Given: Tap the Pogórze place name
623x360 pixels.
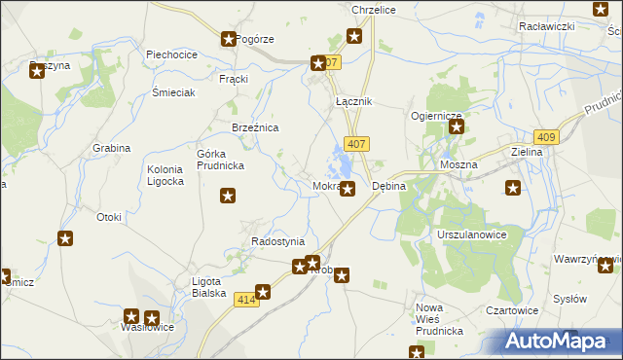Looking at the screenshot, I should click(x=256, y=40).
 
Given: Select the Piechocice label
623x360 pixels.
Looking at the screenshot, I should click(x=172, y=55).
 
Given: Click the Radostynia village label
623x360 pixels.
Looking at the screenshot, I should click(x=277, y=241).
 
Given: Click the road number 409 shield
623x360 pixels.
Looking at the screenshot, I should click(x=546, y=138).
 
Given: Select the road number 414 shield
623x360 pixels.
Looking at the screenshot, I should click(x=246, y=305).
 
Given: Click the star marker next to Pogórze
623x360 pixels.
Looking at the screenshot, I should click(x=229, y=40).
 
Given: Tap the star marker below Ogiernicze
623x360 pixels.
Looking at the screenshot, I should click(x=456, y=126).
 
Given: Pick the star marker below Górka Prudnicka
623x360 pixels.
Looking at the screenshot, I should click(x=228, y=197).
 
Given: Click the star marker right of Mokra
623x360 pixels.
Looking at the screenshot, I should click(x=348, y=189).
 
